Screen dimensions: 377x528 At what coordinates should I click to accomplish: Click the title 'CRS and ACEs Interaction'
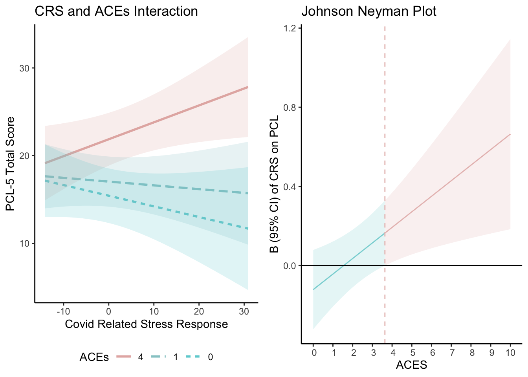click(116, 11)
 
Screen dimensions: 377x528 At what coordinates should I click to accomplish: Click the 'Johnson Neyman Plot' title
click(368, 11)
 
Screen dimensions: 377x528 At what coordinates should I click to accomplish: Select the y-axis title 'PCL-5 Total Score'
click(11, 164)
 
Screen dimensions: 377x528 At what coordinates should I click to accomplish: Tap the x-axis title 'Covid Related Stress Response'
click(146, 324)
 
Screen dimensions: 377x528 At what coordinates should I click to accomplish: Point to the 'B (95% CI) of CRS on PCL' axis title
click(274, 184)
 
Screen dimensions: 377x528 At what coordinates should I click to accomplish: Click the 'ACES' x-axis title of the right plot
click(411, 365)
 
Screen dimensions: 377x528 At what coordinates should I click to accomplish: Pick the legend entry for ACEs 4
click(130, 357)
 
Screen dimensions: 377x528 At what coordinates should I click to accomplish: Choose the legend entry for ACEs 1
click(165, 357)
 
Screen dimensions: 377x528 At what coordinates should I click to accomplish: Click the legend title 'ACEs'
click(94, 357)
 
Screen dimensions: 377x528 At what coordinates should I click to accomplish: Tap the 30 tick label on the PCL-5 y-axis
click(24, 68)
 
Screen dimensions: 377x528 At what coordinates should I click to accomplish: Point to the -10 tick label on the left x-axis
click(63, 312)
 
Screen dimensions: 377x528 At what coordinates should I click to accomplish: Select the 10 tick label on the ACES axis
click(510, 353)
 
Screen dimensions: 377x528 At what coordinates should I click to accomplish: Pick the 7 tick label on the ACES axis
click(451, 353)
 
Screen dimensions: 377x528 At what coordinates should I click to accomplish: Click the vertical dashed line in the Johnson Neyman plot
click(385, 118)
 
